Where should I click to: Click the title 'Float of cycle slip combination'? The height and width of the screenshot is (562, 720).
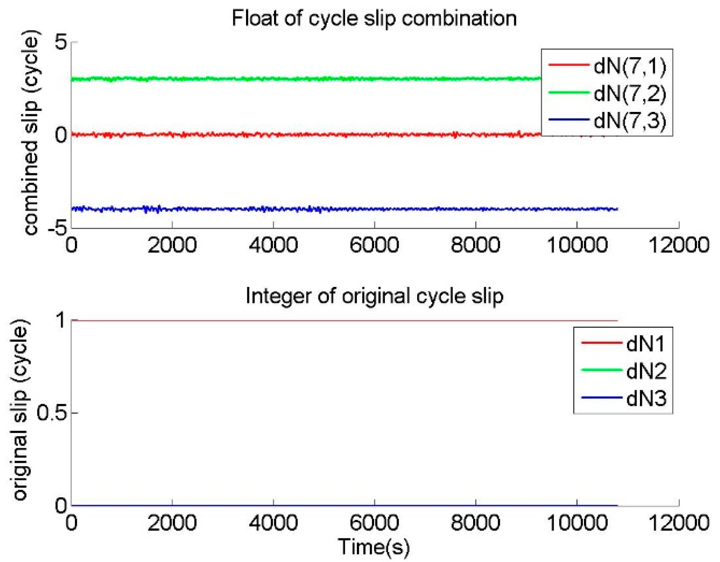tap(374, 19)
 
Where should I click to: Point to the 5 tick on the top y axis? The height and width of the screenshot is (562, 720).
tap(61, 42)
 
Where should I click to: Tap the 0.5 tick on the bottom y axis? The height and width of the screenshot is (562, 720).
tap(51, 413)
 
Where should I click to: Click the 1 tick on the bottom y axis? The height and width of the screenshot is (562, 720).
tap(62, 320)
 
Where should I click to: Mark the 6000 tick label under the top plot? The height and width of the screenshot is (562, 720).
tap(374, 245)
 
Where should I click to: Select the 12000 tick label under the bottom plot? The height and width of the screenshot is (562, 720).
tap(679, 523)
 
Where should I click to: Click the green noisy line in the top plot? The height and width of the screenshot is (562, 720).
tap(276, 79)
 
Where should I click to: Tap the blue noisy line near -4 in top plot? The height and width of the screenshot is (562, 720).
tap(315, 209)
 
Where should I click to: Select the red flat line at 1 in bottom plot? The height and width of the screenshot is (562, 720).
tap(315, 320)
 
